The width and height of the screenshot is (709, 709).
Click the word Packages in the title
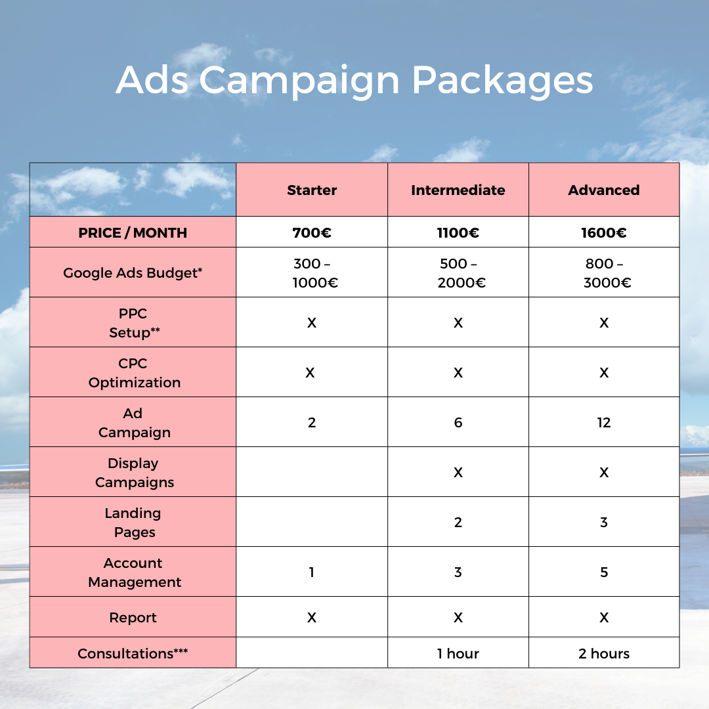click(502, 81)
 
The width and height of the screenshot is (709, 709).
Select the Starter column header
click(312, 190)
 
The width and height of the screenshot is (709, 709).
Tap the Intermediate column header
click(458, 190)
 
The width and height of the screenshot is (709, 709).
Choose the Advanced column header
click(604, 190)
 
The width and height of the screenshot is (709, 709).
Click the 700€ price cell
click(312, 232)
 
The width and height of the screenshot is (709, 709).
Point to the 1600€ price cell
click(604, 232)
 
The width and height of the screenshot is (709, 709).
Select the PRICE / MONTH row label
click(133, 232)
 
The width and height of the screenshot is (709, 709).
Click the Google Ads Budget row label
click(133, 272)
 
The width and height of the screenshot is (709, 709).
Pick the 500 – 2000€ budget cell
click(458, 273)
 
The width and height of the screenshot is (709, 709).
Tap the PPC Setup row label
click(133, 323)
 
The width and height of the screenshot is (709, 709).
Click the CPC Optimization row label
click(134, 373)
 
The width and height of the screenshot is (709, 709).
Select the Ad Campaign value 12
click(604, 423)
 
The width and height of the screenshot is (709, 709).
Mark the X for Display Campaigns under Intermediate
click(458, 473)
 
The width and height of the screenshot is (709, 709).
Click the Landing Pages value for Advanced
click(604, 523)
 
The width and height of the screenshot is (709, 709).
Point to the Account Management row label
click(135, 572)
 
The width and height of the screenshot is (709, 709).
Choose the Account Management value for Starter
click(312, 572)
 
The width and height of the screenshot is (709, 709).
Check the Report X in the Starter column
click(312, 618)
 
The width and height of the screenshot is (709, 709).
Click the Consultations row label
click(133, 654)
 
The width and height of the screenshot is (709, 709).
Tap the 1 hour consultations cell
click(458, 654)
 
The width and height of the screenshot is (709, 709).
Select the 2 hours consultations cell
click(604, 654)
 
